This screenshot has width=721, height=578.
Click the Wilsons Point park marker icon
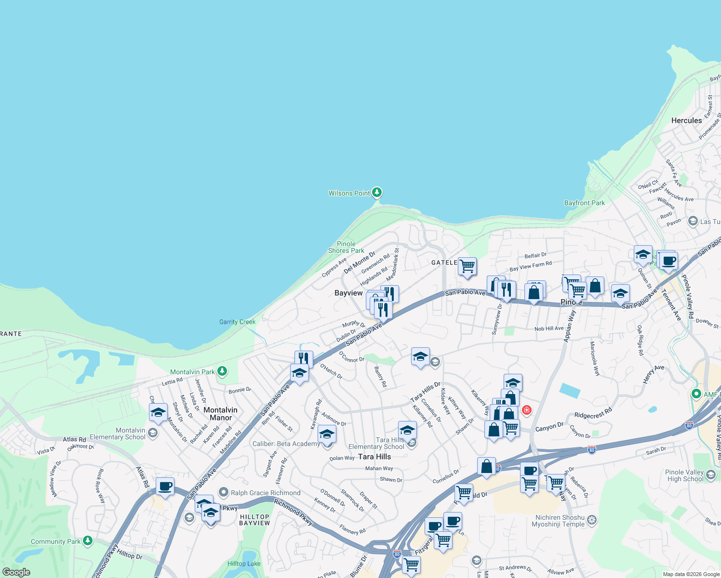point(377,193)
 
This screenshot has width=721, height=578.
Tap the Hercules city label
point(686,120)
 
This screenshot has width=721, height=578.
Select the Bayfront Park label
point(584,203)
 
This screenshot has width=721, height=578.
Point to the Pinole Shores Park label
point(346,247)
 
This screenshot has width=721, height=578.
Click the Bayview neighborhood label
point(348,293)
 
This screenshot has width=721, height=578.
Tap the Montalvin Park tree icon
point(222,371)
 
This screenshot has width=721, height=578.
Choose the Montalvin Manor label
point(220,414)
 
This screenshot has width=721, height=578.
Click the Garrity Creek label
point(237,322)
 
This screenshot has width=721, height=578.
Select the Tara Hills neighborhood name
point(374,457)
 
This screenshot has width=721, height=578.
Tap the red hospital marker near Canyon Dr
point(527,410)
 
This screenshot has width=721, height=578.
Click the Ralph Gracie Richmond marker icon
point(223,492)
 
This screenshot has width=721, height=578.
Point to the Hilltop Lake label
point(243,564)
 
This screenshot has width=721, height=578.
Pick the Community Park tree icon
point(87,541)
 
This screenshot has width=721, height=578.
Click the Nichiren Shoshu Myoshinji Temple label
point(558,521)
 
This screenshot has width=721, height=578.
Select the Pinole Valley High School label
point(685,475)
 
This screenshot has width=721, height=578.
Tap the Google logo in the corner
point(16,572)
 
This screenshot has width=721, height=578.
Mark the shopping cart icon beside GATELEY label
point(467,266)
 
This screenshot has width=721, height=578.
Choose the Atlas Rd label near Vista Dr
point(74,439)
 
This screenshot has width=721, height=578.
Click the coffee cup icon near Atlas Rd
point(165,486)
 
